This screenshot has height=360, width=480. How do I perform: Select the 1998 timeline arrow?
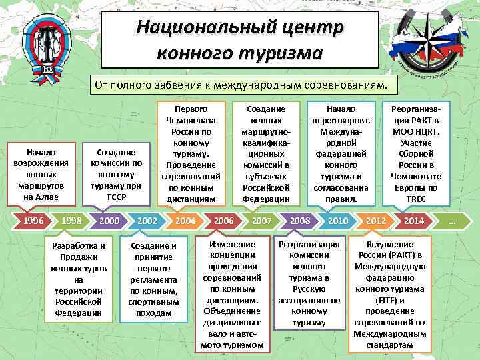point(71,221)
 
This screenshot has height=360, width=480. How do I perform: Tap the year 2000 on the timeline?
point(109,221)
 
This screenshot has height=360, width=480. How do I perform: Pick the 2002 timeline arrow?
point(147,221)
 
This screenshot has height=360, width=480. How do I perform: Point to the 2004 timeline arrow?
point(185,221)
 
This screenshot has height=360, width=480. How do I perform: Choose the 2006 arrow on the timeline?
point(223,221)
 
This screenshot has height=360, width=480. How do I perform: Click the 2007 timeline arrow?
point(261,221)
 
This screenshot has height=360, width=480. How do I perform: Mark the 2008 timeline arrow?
point(300,221)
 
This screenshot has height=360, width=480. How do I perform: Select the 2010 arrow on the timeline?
point(338,221)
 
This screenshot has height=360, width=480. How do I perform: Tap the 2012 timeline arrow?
point(376,221)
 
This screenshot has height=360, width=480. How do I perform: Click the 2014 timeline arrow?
point(414,221)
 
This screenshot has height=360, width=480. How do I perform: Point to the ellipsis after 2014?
point(453,221)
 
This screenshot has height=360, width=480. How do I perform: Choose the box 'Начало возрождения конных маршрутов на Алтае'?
point(41,175)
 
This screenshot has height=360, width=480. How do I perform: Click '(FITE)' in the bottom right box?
point(390,300)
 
